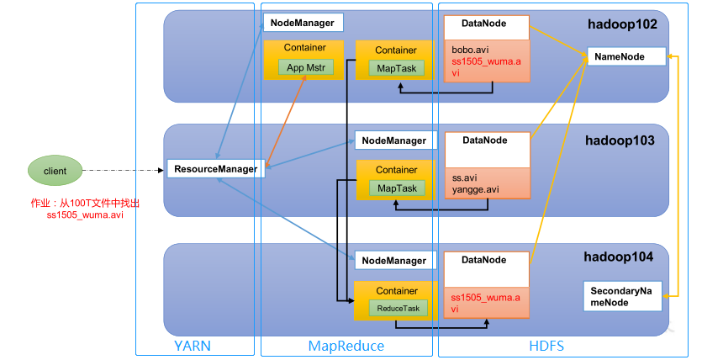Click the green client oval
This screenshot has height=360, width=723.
point(55,171)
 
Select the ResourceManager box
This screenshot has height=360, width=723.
point(215,169)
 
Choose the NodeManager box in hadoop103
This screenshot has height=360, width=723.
point(394,140)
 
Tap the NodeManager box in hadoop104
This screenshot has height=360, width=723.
point(394,262)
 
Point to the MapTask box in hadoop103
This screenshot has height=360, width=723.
point(395,187)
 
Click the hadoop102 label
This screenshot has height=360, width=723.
point(621,25)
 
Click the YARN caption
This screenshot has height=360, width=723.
point(194,346)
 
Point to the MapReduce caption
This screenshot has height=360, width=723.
point(346,346)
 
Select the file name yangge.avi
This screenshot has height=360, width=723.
point(475,189)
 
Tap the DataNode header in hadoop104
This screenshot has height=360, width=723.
point(485,261)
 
